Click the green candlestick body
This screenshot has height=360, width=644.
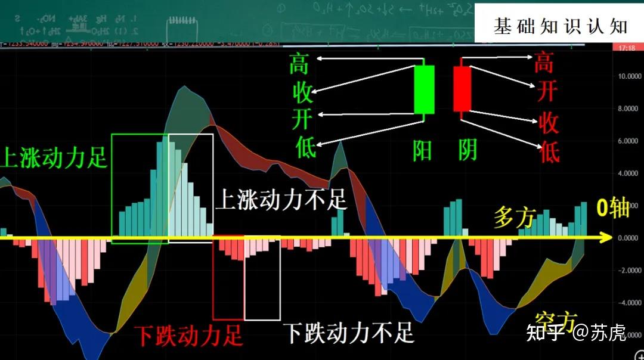pyautogui.click(x=424, y=89)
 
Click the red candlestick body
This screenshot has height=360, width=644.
pyautogui.click(x=462, y=89)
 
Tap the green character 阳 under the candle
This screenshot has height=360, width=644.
pyautogui.click(x=423, y=151)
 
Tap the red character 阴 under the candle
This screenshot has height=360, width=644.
pyautogui.click(x=467, y=151)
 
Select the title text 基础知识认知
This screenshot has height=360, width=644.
pyautogui.click(x=560, y=26)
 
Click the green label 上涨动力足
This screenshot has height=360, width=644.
pyautogui.click(x=54, y=159)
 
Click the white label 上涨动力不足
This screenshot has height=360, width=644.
pyautogui.click(x=280, y=200)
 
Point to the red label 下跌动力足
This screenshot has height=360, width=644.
pyautogui.click(x=188, y=336)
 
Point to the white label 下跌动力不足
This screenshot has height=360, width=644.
pyautogui.click(x=348, y=333)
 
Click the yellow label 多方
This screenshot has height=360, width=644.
pyautogui.click(x=515, y=218)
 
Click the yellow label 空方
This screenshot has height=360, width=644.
pyautogui.click(x=555, y=322)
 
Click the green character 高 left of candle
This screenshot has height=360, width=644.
pyautogui.click(x=299, y=64)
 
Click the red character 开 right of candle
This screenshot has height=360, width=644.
pyautogui.click(x=546, y=91)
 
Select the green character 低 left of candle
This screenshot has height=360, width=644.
pyautogui.click(x=305, y=147)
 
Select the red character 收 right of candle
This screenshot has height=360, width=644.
pyautogui.click(x=548, y=123)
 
